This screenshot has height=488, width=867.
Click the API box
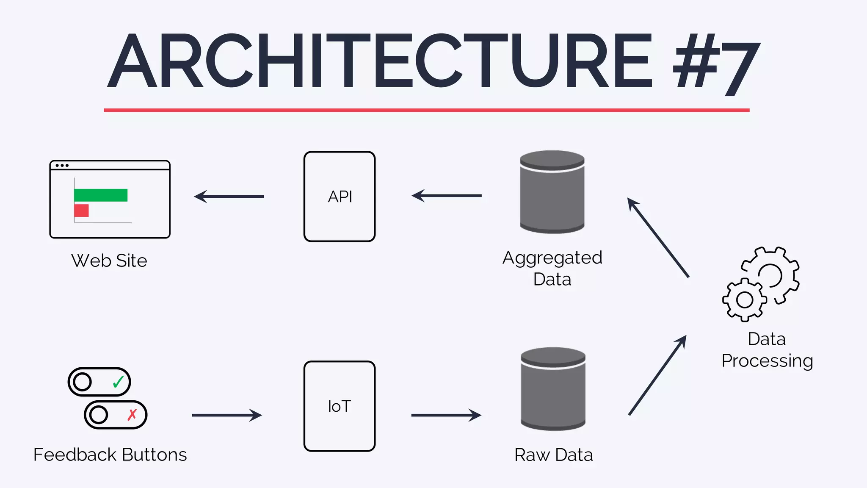340,197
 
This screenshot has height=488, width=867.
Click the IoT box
340,406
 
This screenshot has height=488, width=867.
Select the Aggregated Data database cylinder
552,193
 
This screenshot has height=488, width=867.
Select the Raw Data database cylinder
553,390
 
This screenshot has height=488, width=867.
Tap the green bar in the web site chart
101,195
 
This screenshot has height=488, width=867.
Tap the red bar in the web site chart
81,211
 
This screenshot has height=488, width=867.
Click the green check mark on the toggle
119,382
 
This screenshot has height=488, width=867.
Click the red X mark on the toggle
132,414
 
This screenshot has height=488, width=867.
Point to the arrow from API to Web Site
229,197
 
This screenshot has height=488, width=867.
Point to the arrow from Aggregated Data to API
447,196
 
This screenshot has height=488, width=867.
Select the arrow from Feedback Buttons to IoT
227,415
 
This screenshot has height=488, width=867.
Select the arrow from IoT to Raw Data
446,415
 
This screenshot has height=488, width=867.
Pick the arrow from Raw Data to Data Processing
657,375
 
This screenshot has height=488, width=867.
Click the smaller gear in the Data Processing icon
745,300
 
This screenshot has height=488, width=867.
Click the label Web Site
109,261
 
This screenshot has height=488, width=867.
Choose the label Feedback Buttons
110,455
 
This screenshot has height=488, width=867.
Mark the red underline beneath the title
427,110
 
